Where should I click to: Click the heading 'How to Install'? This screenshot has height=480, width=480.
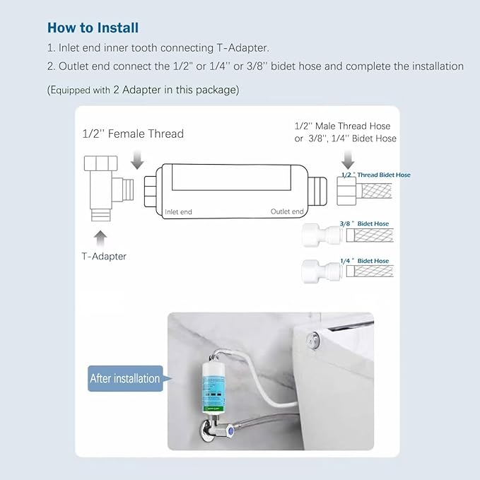tap(93, 28)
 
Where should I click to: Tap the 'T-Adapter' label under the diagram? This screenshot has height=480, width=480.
tap(103, 256)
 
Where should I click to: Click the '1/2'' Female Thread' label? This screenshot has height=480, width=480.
tap(134, 134)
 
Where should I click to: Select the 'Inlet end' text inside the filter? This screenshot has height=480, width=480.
tap(178, 211)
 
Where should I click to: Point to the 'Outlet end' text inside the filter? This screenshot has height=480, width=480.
tap(287, 211)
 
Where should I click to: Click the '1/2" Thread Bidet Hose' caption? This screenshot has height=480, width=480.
tap(375, 175)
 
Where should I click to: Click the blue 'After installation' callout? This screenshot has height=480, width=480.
tap(125, 378)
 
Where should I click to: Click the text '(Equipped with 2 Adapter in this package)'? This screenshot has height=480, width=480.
tap(143, 90)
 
